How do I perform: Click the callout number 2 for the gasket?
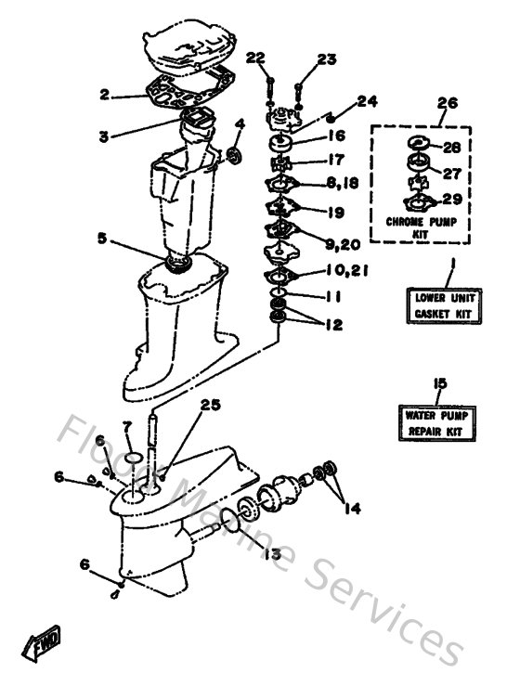(x=105, y=94)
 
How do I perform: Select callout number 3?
(x=105, y=136)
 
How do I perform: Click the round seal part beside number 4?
(x=236, y=153)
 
